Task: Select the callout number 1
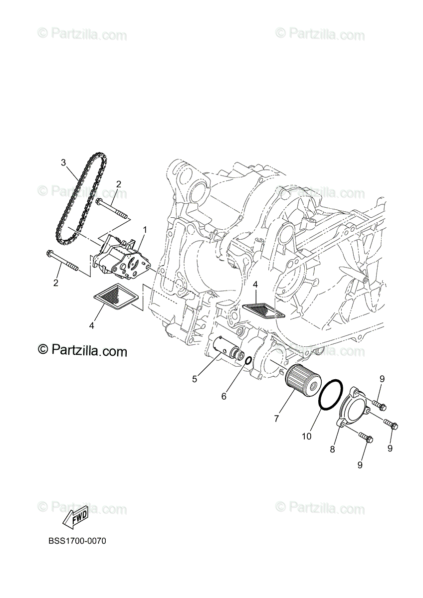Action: point(145,230)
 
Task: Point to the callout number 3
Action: point(63,162)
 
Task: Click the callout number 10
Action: point(306,436)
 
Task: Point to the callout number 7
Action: point(276,419)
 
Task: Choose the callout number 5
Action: point(195,379)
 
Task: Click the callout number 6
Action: point(224,396)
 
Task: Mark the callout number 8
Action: point(332,449)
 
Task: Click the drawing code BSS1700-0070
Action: point(77,541)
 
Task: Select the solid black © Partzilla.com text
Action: point(82,351)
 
